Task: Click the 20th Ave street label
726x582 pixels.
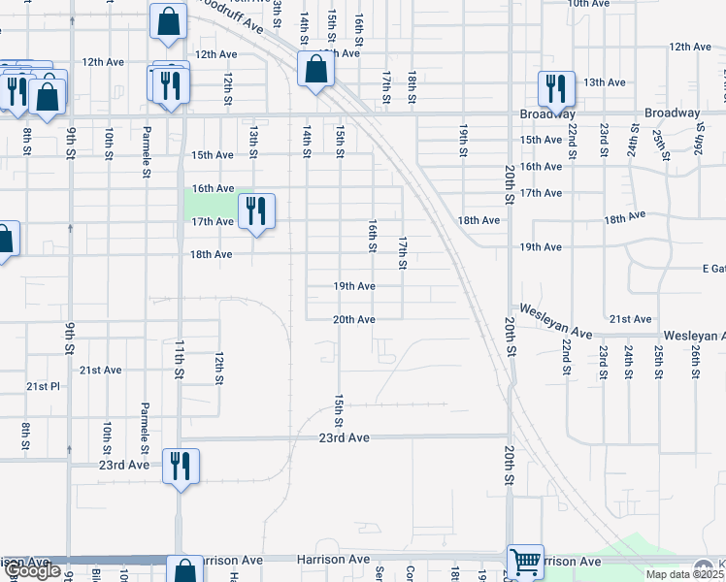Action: click(354, 319)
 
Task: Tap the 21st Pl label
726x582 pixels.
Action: click(43, 386)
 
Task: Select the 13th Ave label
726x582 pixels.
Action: click(604, 82)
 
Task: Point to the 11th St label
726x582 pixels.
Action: click(180, 358)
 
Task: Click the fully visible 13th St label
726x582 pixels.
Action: click(253, 141)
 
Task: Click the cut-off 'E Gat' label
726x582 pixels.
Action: click(713, 268)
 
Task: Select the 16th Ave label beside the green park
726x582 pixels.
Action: click(213, 188)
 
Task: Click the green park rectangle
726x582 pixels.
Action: click(211, 206)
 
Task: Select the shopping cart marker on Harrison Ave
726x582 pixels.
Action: click(525, 560)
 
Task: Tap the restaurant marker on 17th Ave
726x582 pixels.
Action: click(256, 210)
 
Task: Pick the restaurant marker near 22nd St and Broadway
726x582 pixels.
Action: click(556, 89)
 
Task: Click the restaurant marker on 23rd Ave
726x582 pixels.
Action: click(181, 466)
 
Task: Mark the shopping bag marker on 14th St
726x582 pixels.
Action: click(314, 69)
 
